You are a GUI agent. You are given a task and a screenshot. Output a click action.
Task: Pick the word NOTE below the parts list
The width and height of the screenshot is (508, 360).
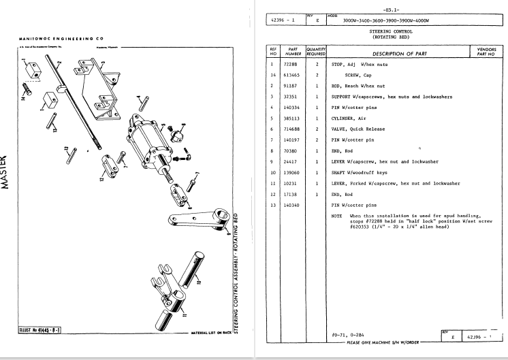pyautogui.click(x=337, y=215)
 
